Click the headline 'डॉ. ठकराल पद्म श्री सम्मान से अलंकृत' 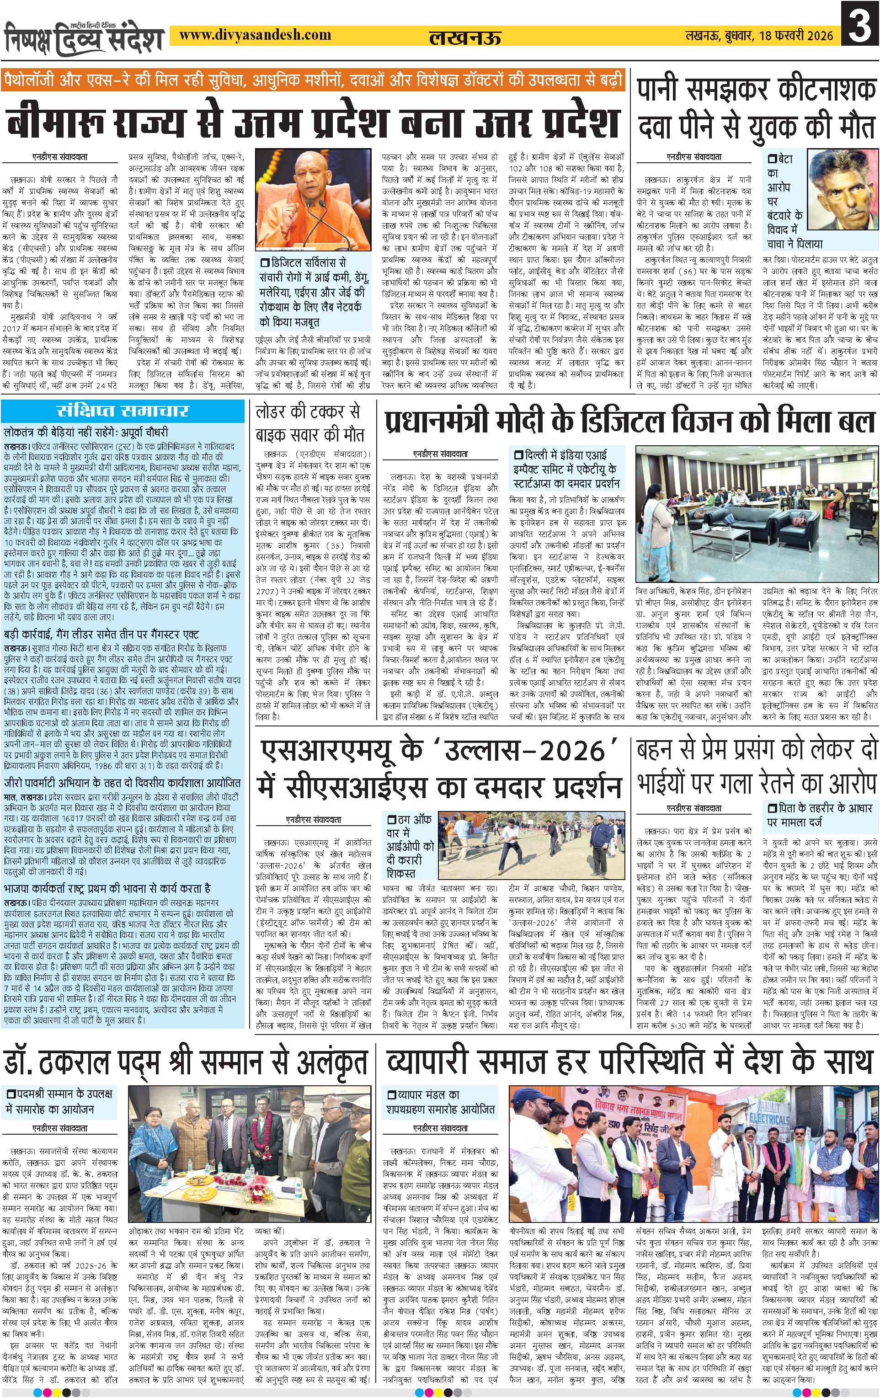(x=186, y=1063)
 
